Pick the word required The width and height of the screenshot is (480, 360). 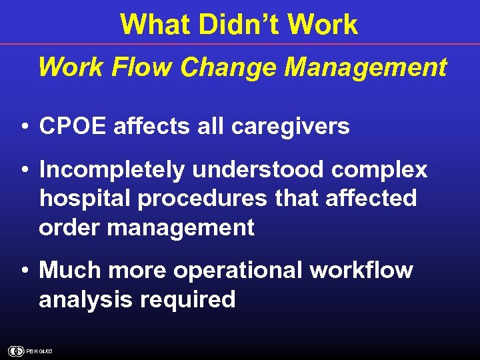[188, 300]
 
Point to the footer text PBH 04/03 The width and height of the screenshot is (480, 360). [39, 351]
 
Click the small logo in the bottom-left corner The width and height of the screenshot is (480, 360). [15, 351]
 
